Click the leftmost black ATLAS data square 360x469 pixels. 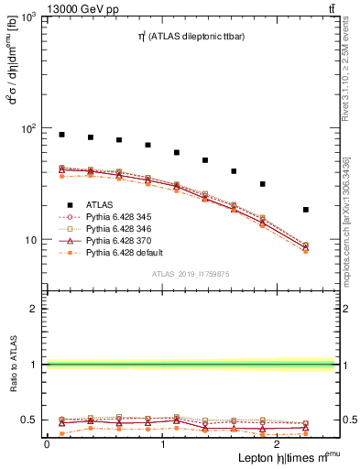pos(61,135)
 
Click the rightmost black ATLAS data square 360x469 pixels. pos(306,210)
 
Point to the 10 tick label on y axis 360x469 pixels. pos(30,240)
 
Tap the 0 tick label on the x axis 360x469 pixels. pos(47,443)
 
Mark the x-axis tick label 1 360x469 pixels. pos(163,443)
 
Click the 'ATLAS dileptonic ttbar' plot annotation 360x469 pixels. pos(184,38)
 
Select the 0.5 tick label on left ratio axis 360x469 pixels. pos(28,420)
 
